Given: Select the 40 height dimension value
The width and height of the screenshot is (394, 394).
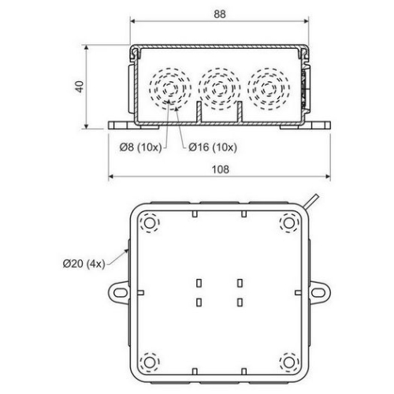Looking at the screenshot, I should (x=79, y=86).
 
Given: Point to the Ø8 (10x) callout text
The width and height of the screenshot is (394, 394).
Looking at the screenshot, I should (x=137, y=146).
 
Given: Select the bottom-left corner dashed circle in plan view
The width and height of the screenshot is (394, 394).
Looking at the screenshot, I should (x=149, y=362).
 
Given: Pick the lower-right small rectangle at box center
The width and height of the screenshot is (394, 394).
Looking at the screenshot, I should (x=239, y=301).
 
